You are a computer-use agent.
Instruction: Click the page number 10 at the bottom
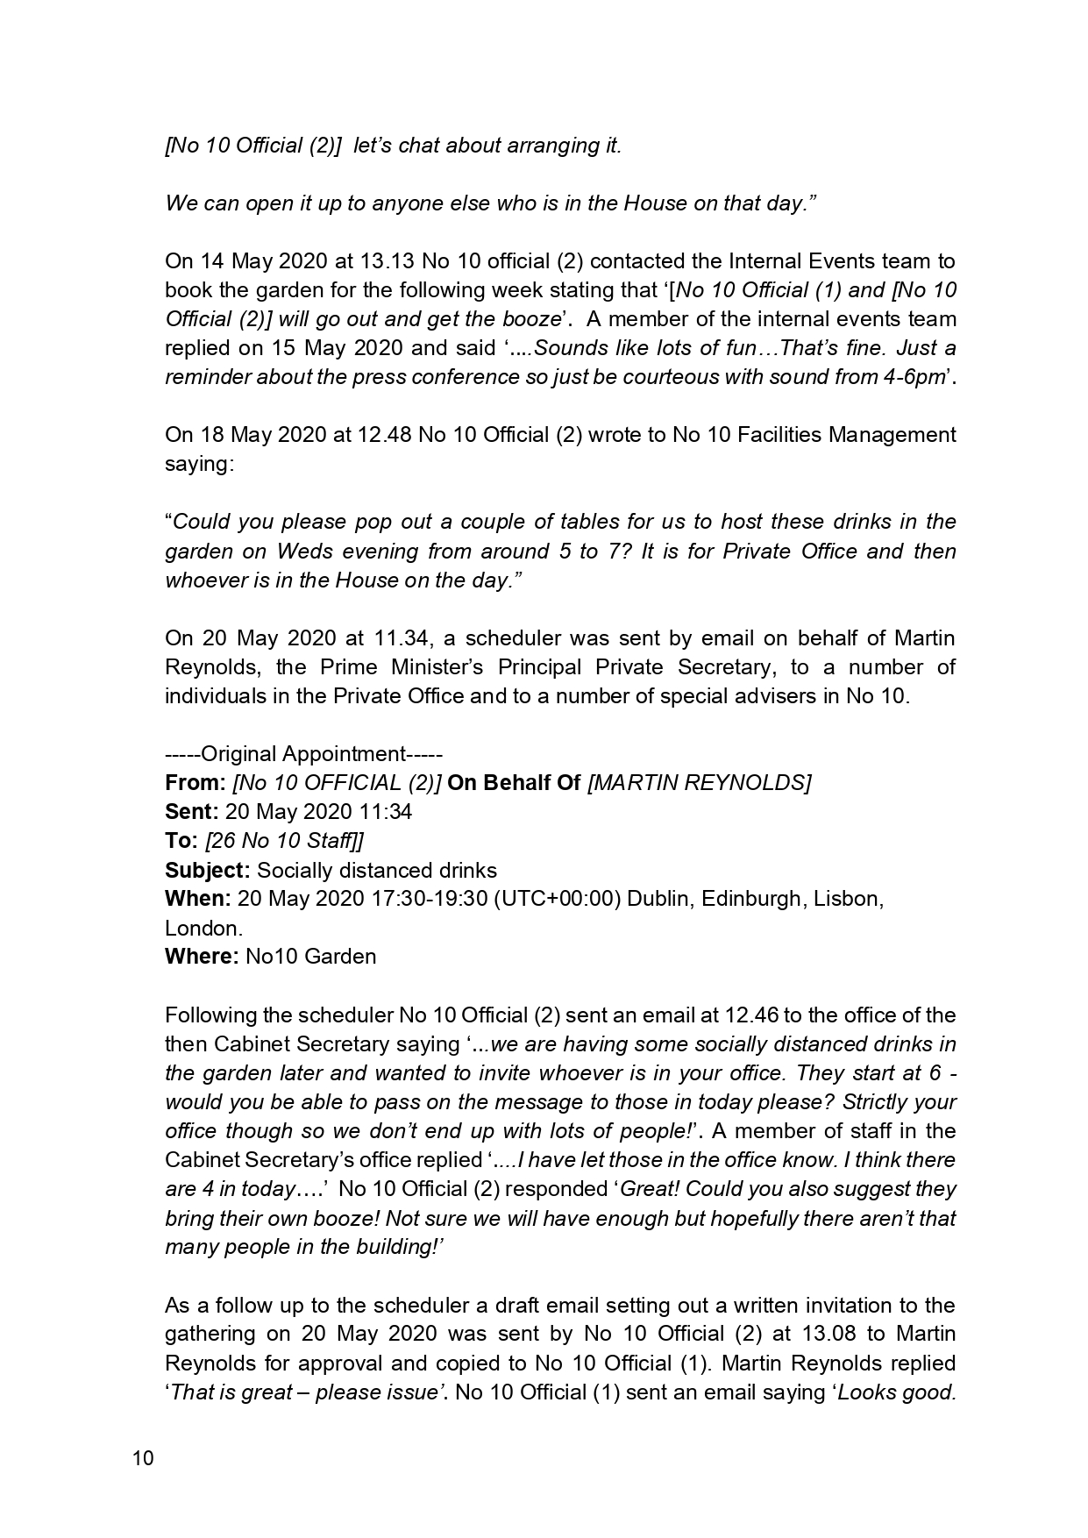(x=143, y=1459)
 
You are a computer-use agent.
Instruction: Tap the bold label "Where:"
(x=202, y=957)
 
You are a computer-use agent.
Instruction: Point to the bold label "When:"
(x=198, y=900)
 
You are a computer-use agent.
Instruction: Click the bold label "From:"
(x=195, y=783)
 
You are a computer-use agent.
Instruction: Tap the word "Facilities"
(x=780, y=435)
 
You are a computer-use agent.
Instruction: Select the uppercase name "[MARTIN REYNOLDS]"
(x=699, y=783)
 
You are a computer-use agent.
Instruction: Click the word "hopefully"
(x=760, y=1219)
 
